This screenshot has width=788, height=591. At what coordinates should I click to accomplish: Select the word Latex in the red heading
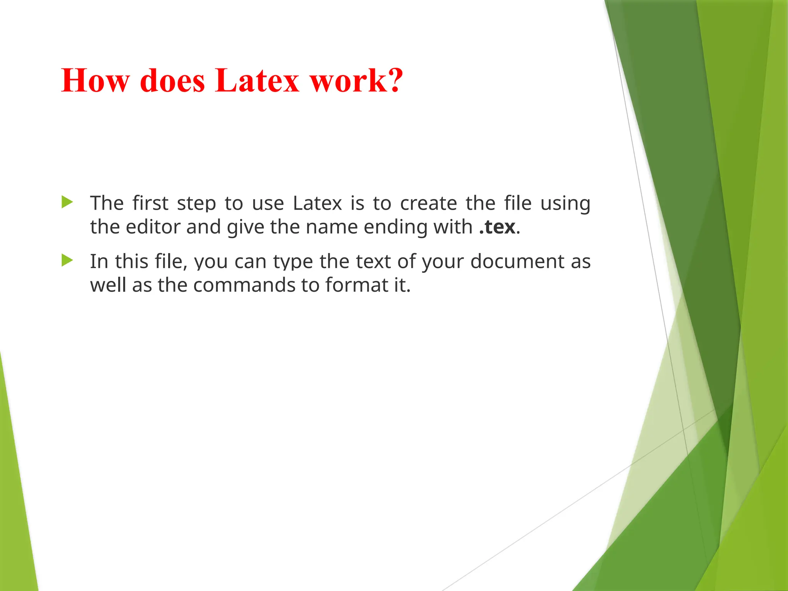tap(257, 80)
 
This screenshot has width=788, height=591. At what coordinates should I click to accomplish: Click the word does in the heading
tap(172, 80)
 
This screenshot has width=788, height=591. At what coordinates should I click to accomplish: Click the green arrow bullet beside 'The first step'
tap(67, 202)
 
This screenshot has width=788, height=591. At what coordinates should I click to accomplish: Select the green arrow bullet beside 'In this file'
tap(67, 260)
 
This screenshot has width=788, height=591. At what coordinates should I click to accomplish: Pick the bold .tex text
tap(497, 227)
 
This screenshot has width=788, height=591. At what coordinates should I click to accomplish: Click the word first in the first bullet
tap(150, 203)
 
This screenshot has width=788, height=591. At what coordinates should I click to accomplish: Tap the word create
tap(428, 203)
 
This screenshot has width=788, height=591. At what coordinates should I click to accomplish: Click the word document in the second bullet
tap(517, 262)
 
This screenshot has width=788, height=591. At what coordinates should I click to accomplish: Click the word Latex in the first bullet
tap(317, 203)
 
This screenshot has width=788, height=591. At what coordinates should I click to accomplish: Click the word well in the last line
tap(108, 285)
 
